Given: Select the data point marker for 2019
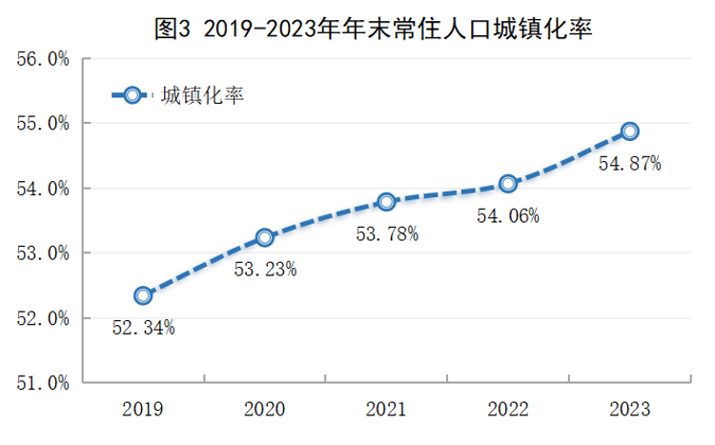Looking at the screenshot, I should click(x=143, y=295).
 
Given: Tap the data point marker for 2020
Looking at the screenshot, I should click(x=265, y=237).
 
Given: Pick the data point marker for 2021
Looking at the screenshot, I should click(x=386, y=201).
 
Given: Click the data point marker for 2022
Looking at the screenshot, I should click(x=508, y=183).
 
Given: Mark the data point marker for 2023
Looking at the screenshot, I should click(x=629, y=131).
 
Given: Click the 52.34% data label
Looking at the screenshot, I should click(x=143, y=328).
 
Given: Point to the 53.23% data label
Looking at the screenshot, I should click(x=265, y=270).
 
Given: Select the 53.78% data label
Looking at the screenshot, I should click(x=386, y=233).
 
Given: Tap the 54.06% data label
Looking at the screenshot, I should click(x=508, y=215).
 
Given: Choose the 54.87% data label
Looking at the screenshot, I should click(x=629, y=163).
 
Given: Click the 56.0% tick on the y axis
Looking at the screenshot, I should click(x=43, y=59).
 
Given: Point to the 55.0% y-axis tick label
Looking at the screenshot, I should click(x=43, y=124).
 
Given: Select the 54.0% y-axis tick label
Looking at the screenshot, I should click(x=43, y=189).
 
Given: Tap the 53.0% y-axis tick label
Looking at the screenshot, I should click(x=43, y=253).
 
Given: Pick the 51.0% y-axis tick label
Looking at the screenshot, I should click(x=43, y=383).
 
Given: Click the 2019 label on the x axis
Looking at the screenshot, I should click(x=143, y=410).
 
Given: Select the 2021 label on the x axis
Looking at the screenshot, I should click(x=386, y=410).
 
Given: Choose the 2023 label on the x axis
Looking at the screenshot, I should click(x=629, y=410).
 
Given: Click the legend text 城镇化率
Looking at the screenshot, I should click(x=203, y=95).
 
